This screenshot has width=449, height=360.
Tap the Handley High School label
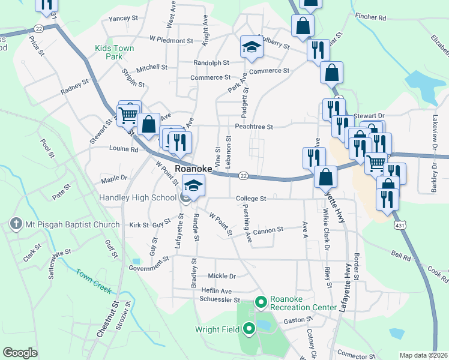tap(139, 197)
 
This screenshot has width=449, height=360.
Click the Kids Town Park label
tap(114, 52)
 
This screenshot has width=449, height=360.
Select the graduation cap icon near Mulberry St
tap(252, 47)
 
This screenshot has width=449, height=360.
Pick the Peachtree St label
tap(254, 127)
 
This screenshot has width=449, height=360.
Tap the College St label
tap(251, 198)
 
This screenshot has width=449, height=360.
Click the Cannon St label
tap(268, 230)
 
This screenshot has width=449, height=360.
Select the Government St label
tap(149, 263)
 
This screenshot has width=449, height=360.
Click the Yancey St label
tap(123, 19)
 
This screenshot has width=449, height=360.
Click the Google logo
tap(20, 353)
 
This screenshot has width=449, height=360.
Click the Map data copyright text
tap(423, 355)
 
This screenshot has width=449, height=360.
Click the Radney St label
tap(74, 88)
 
